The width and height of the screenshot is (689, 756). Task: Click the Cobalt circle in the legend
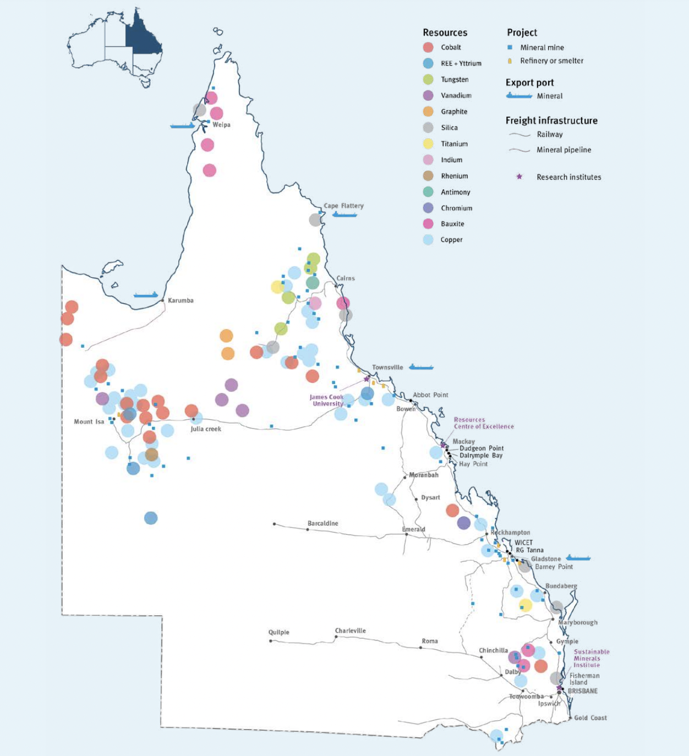click(x=428, y=47)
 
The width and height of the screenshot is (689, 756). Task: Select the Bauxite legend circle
click(x=428, y=224)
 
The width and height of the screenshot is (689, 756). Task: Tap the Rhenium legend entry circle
click(x=428, y=176)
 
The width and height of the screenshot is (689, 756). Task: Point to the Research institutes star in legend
click(x=519, y=177)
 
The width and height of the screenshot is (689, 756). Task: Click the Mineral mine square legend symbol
click(x=510, y=47)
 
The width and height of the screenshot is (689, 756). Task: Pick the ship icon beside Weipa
click(x=182, y=126)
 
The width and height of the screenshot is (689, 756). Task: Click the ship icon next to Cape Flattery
click(x=344, y=214)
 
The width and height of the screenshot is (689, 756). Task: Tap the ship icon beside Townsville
click(x=421, y=367)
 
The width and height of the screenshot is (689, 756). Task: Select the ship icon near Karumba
click(x=146, y=295)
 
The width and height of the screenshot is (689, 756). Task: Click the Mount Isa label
click(x=89, y=421)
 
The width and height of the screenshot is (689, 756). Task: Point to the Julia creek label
click(x=206, y=429)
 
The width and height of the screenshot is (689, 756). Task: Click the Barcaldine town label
click(x=322, y=523)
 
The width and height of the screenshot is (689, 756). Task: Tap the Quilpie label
click(x=278, y=632)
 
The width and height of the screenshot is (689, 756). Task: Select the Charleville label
click(x=350, y=631)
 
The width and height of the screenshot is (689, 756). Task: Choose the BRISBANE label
click(x=582, y=691)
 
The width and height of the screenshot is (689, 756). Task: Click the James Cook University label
click(x=326, y=400)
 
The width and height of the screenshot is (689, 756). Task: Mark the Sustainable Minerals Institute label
click(x=591, y=658)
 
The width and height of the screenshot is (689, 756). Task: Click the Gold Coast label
click(x=590, y=717)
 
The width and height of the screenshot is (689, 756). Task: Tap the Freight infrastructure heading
click(x=551, y=120)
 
